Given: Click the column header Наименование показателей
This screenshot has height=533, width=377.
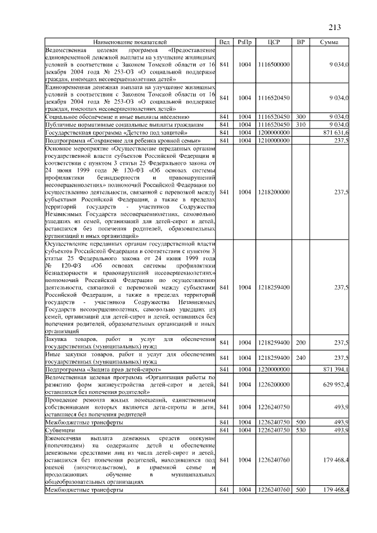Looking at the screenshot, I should pos(130,42).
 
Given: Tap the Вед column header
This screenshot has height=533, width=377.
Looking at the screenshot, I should pos(224,42).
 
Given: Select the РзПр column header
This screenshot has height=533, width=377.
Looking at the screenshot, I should pos(244,42).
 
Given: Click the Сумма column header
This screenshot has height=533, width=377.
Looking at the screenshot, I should pos(328,42).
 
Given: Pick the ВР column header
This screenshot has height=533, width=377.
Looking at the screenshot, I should pos(300,42).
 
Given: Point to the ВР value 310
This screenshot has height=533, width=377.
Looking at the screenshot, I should pos(300,125).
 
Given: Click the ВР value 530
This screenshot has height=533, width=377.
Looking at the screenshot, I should pos(300,431).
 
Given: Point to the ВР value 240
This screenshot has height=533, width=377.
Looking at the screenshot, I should pos(300,357).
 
